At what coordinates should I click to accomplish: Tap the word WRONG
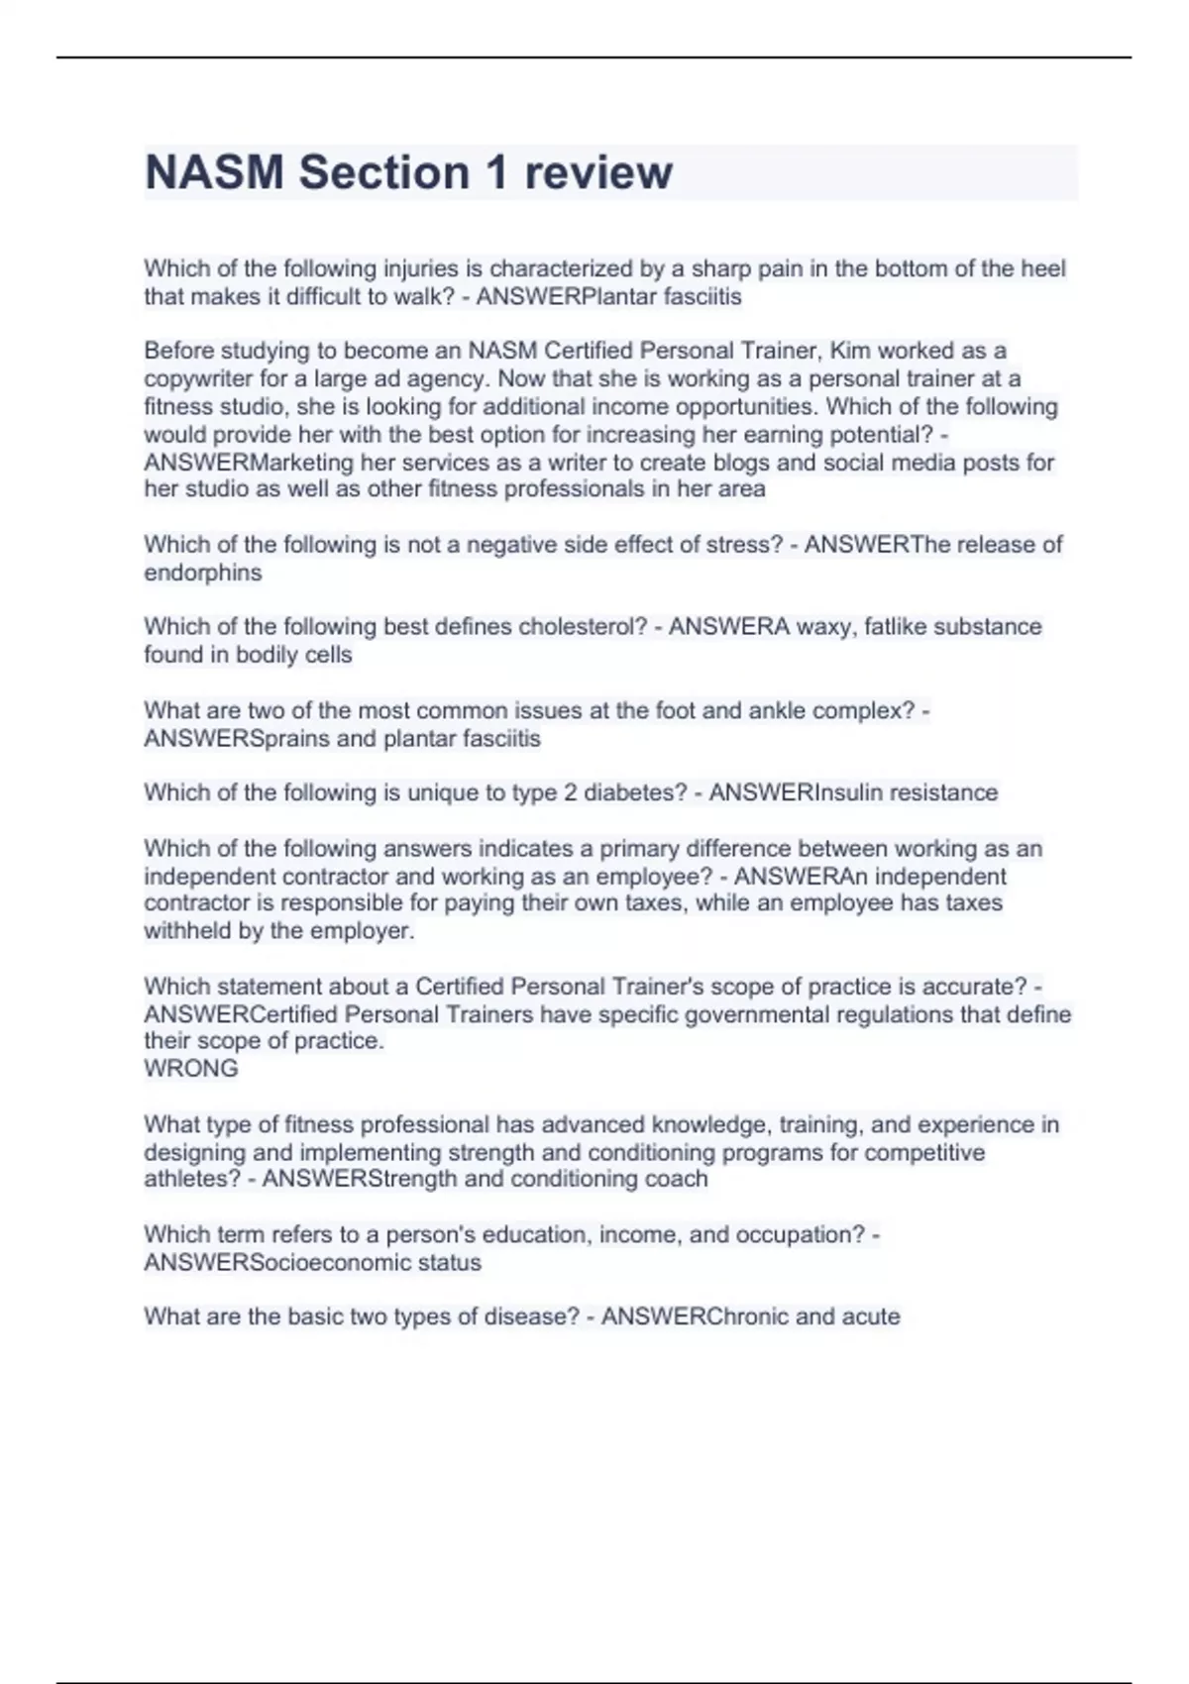191,1068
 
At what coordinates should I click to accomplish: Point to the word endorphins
203,573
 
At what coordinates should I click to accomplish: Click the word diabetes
634,792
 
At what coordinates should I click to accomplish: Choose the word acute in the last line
871,1316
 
